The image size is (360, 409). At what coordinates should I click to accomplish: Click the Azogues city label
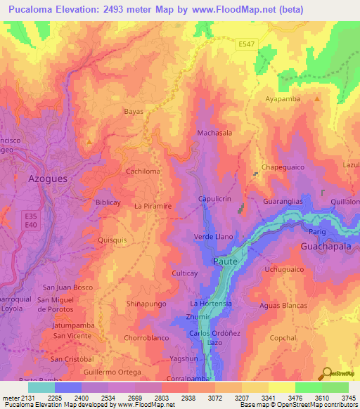click(47, 178)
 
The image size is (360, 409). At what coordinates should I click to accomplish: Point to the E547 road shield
click(246, 44)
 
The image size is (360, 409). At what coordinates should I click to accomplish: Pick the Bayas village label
click(134, 112)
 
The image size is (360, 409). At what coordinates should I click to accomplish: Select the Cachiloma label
click(143, 171)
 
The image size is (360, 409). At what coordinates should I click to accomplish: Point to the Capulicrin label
click(215, 199)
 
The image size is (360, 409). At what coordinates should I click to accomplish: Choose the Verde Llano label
click(213, 237)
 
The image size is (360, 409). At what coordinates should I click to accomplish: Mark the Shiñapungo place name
click(146, 304)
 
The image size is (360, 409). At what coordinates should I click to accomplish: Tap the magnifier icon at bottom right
click(326, 373)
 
